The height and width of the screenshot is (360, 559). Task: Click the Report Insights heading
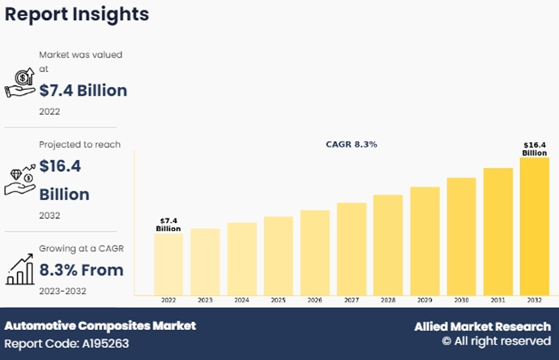click(77, 15)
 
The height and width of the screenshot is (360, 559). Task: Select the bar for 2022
click(169, 264)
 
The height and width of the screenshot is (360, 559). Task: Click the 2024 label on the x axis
click(241, 300)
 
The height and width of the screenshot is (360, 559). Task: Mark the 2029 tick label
click(425, 300)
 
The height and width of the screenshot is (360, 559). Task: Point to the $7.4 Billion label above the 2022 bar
click(169, 225)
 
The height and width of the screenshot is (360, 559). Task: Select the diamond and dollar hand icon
click(19, 180)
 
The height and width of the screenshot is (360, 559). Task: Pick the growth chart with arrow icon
click(19, 269)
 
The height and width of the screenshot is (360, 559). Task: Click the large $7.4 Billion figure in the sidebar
click(83, 90)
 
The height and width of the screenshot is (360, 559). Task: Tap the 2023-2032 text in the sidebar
click(62, 290)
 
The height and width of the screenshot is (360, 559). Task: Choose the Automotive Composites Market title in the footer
click(100, 326)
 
